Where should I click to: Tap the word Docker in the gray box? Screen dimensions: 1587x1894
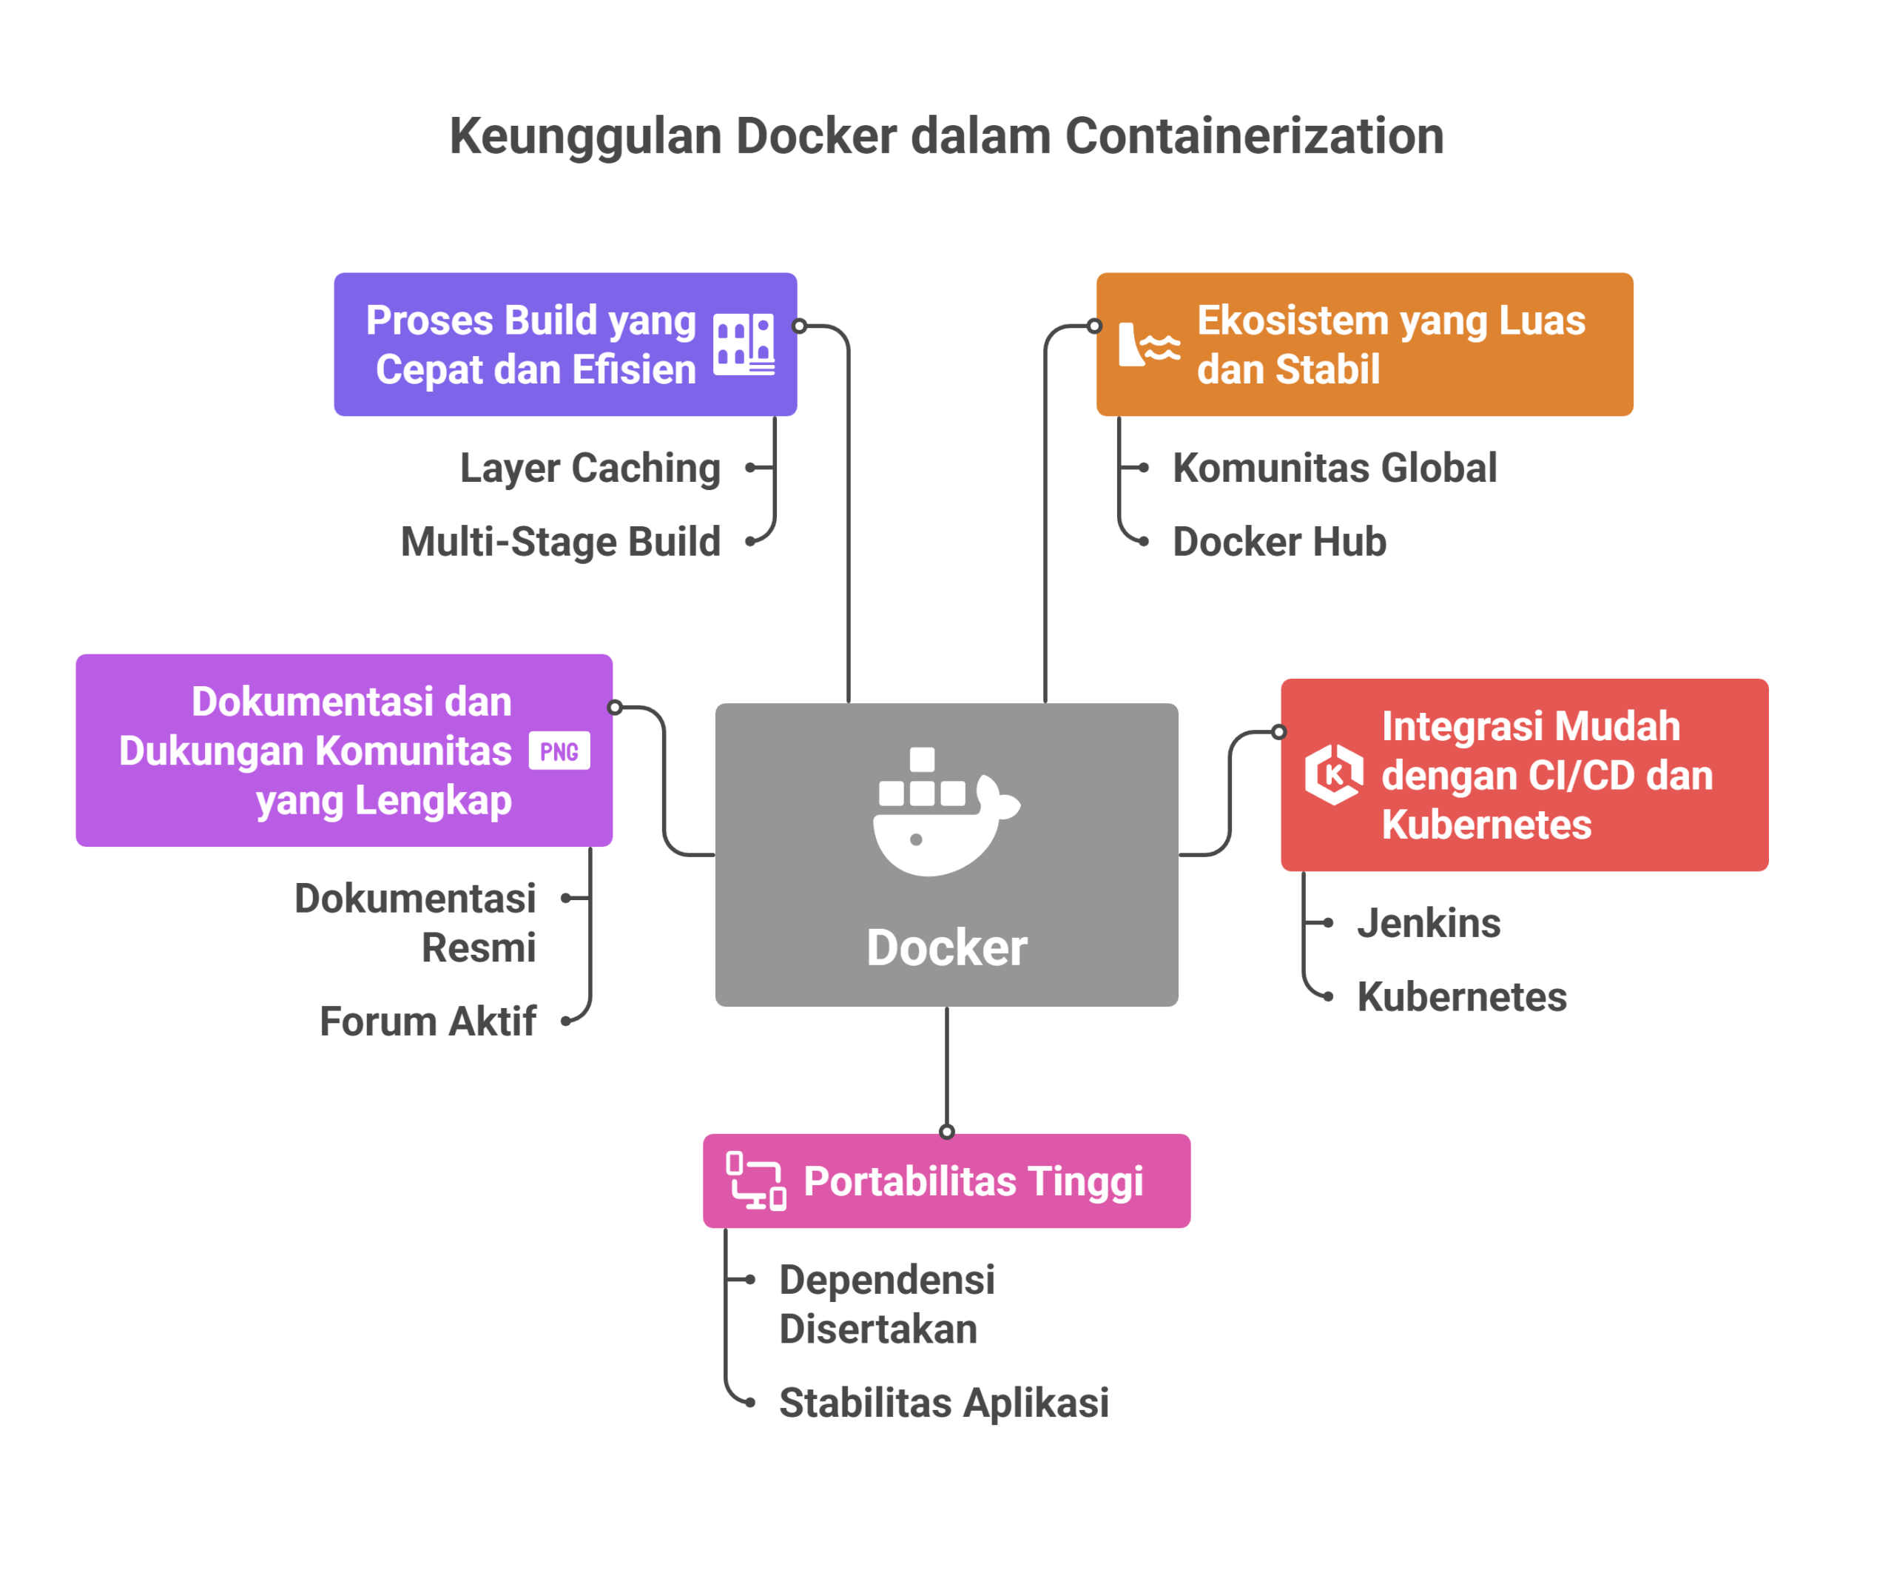pyautogui.click(x=946, y=947)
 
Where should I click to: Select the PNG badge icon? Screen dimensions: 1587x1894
pyautogui.click(x=559, y=751)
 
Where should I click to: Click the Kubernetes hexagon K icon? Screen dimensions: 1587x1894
pyautogui.click(x=1334, y=774)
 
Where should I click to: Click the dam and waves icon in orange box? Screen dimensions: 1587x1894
pyautogui.click(x=1148, y=345)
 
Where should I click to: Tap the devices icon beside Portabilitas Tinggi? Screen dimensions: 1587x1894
pyautogui.click(x=756, y=1181)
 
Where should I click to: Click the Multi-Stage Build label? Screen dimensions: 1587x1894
pyautogui.click(x=560, y=541)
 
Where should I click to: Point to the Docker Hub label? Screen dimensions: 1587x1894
pyautogui.click(x=1279, y=541)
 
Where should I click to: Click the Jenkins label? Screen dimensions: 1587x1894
pyautogui.click(x=1429, y=923)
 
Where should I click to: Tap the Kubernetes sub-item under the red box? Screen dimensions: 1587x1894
pyautogui.click(x=1461, y=997)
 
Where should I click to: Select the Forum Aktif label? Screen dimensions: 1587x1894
pyautogui.click(x=428, y=1021)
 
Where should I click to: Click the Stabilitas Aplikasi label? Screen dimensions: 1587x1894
pyautogui.click(x=943, y=1403)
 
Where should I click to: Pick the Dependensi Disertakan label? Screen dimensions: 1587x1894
pyautogui.click(x=886, y=1304)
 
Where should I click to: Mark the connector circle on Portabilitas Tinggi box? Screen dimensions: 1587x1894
pyautogui.click(x=946, y=1133)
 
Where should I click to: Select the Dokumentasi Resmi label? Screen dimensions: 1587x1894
pyautogui.click(x=415, y=923)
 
